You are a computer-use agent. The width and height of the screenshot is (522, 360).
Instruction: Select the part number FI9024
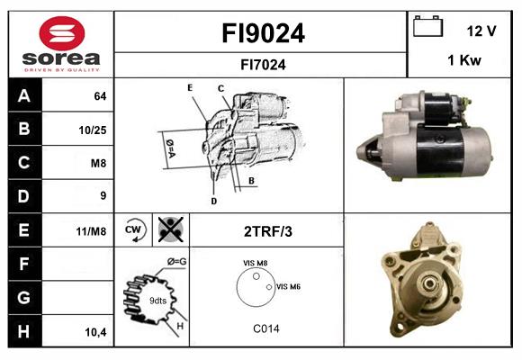263,33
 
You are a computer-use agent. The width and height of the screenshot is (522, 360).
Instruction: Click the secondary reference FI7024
263,64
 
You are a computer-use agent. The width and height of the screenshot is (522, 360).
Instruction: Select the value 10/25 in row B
93,130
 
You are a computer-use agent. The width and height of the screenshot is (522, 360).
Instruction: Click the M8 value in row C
98,163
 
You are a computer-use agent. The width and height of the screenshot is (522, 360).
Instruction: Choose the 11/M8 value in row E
92,231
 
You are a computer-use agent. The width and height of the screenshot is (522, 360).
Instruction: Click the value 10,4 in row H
94,332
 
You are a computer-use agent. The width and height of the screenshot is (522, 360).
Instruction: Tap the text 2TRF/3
268,231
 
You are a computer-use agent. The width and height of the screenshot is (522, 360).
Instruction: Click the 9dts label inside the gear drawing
157,300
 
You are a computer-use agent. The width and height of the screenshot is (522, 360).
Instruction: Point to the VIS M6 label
288,286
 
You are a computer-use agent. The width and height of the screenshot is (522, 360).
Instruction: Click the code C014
266,329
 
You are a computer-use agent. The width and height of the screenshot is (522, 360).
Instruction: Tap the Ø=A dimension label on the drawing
169,145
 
